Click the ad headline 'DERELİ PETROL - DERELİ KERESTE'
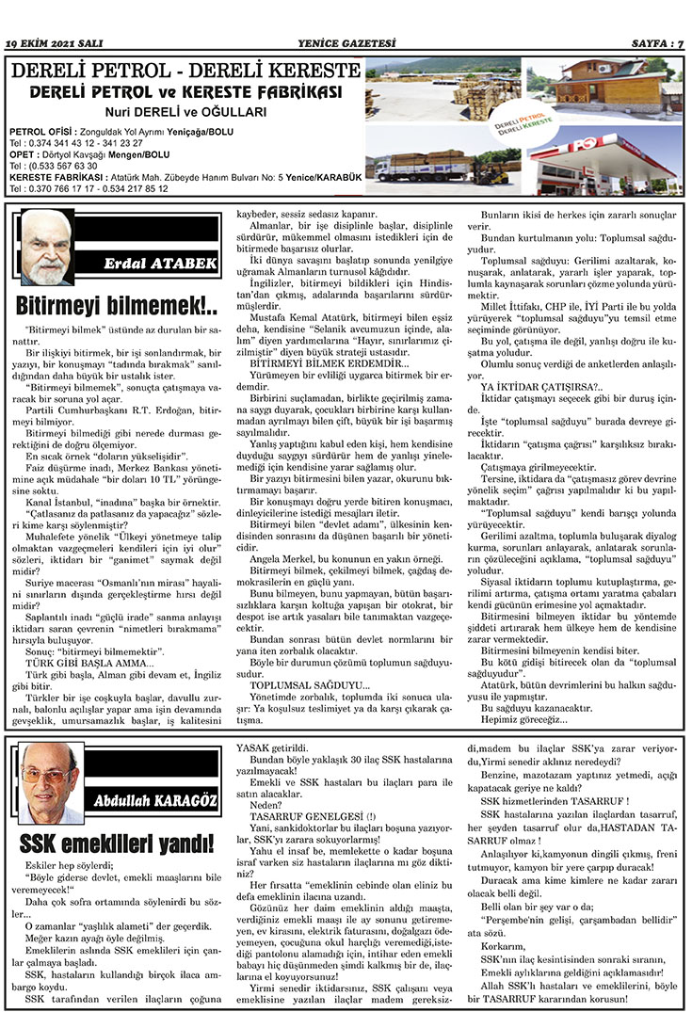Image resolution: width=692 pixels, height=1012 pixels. coord(185,71)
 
